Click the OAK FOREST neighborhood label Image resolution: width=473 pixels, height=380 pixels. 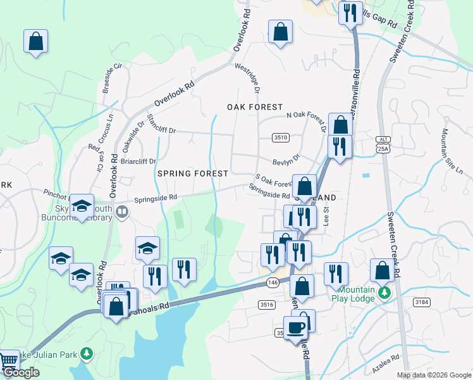coord(255,108)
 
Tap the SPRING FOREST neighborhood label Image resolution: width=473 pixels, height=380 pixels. coord(192,173)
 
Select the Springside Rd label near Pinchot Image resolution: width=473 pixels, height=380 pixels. coord(155,198)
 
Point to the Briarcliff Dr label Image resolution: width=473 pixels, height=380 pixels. coord(138,161)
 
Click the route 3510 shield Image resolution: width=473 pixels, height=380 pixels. coord(281,137)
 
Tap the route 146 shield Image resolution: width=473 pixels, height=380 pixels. coord(273,282)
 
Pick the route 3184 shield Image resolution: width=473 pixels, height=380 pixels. coord(422,302)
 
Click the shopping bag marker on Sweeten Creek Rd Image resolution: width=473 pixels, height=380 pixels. coord(382,272)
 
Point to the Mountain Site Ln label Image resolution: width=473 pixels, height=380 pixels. coord(452,151)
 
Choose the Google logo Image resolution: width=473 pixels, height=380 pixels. coord(21,373)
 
